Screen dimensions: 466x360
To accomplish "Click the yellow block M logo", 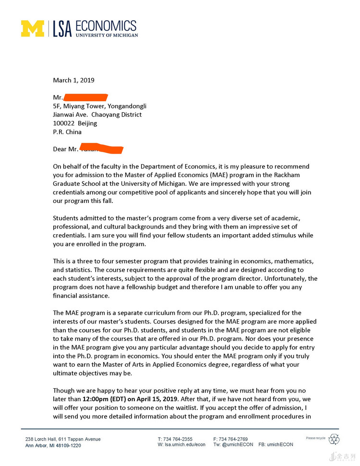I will point(32,28).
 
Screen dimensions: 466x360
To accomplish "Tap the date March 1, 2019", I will point(73,80).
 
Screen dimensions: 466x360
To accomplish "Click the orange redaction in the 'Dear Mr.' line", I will point(101,149).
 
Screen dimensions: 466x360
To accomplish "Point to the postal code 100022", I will point(63,123).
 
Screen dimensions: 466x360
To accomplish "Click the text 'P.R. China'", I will point(67,132).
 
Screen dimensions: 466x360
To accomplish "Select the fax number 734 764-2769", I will point(234,439).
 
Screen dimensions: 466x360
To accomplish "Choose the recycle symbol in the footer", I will point(334,439).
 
